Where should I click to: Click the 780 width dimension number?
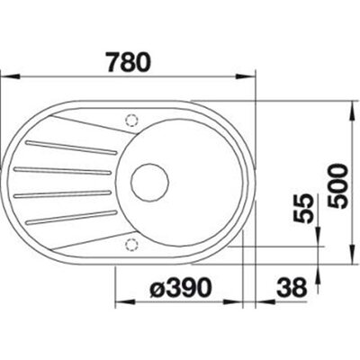[x=129, y=63]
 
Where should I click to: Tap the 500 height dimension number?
[x=338, y=186]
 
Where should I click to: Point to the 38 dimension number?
[x=292, y=288]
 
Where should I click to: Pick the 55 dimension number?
[x=302, y=209]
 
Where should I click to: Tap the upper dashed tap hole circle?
[x=131, y=121]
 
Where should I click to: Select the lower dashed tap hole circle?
[x=131, y=245]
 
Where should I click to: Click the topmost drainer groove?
[x=71, y=148]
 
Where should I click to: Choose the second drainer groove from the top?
[x=63, y=170]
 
